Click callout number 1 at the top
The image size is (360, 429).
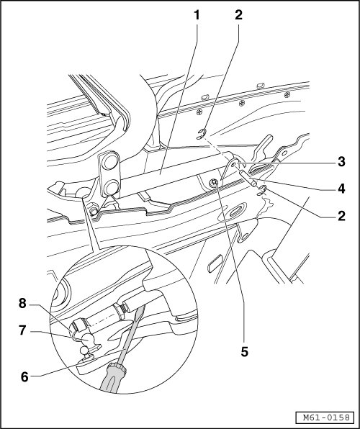(197, 15)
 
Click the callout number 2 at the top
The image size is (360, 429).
(238, 15)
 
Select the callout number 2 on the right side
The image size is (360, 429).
(341, 216)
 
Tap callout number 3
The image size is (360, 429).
(341, 162)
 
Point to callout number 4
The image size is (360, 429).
(341, 189)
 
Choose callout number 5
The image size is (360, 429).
(245, 352)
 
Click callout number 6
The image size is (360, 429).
(24, 377)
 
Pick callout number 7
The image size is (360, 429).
(22, 330)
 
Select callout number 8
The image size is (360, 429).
(22, 303)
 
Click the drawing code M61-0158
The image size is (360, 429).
(326, 417)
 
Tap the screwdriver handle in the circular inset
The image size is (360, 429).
(113, 377)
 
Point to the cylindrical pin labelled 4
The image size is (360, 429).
(248, 178)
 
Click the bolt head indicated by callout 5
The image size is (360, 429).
(214, 183)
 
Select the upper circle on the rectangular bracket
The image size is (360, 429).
(109, 162)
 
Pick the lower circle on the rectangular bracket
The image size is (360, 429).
(111, 188)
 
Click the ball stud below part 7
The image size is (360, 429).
(84, 351)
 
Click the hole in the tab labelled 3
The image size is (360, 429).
(233, 165)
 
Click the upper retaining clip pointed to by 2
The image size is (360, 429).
(202, 134)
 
